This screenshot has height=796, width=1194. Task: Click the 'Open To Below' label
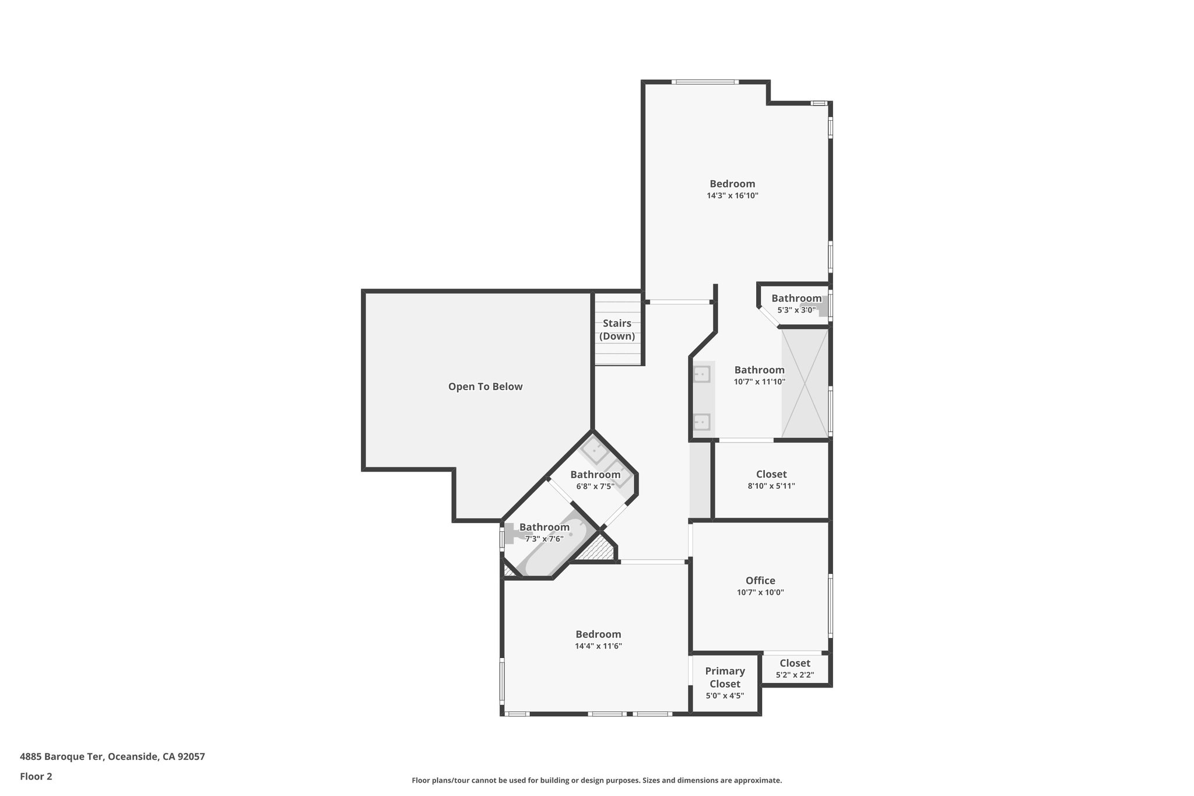[485, 387]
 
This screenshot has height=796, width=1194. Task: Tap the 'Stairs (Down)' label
[617, 329]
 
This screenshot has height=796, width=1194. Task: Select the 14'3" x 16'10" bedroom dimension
[732, 196]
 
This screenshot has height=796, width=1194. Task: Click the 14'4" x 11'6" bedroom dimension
[598, 646]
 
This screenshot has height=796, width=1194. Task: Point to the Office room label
[760, 580]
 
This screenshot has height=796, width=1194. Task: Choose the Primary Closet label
[725, 677]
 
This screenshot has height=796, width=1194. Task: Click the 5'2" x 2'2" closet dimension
[795, 675]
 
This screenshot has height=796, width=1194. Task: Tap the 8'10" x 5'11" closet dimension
[771, 486]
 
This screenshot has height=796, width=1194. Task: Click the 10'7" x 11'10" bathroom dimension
[759, 382]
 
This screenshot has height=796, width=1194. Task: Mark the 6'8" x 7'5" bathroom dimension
[595, 486]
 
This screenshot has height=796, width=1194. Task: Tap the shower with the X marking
[805, 383]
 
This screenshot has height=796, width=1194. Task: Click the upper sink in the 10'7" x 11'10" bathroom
[702, 374]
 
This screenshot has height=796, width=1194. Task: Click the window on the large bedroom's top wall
[705, 82]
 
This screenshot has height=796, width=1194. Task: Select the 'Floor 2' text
[36, 776]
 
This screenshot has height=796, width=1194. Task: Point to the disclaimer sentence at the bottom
[596, 780]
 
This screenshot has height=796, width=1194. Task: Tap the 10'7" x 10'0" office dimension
[760, 592]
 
